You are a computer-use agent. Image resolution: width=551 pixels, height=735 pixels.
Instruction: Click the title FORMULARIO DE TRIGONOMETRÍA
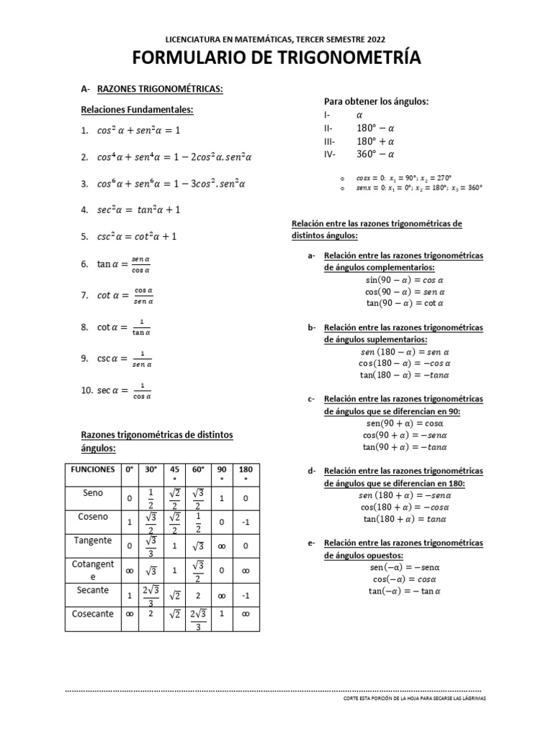click(x=275, y=58)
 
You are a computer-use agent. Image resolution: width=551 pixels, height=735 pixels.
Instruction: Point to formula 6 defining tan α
click(x=123, y=264)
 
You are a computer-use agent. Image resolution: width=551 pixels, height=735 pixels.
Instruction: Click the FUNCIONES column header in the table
click(x=92, y=469)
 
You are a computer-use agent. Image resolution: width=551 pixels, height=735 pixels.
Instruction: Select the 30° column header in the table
click(x=150, y=469)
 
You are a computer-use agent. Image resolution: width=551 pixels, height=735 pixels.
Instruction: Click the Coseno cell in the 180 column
click(x=245, y=523)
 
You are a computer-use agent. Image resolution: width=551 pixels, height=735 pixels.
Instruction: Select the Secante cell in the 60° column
click(x=198, y=596)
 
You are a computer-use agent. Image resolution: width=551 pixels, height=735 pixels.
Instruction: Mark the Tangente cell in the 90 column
click(x=222, y=546)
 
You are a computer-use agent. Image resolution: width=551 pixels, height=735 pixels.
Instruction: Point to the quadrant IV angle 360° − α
click(x=376, y=154)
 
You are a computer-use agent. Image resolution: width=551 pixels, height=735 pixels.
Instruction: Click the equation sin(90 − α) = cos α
click(x=405, y=280)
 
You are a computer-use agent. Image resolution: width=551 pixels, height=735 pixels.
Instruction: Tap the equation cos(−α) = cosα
click(x=405, y=579)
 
